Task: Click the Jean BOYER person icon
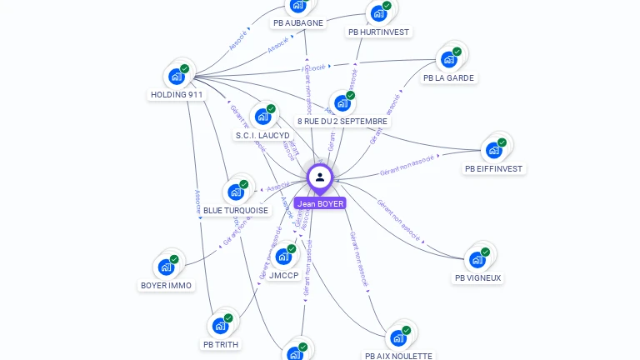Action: point(320,177)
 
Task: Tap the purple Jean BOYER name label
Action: point(320,203)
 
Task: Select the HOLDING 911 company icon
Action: point(177,77)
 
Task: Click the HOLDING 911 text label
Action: point(177,95)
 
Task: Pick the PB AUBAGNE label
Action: point(298,23)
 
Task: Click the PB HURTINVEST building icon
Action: point(379,13)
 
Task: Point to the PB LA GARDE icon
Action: point(449,59)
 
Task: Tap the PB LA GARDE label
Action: point(448,78)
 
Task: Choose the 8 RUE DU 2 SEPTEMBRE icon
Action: point(342,103)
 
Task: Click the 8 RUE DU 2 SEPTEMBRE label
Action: point(342,122)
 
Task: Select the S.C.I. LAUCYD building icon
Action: point(263,117)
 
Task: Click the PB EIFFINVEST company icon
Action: point(494,150)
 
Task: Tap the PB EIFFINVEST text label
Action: point(494,169)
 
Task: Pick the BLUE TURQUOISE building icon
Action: point(236,192)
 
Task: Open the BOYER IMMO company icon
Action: point(166,267)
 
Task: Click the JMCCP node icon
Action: point(283,257)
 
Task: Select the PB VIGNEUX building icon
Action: point(477,259)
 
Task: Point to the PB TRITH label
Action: point(220,344)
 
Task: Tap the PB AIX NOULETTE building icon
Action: point(398,337)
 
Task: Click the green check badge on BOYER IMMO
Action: point(174,259)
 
